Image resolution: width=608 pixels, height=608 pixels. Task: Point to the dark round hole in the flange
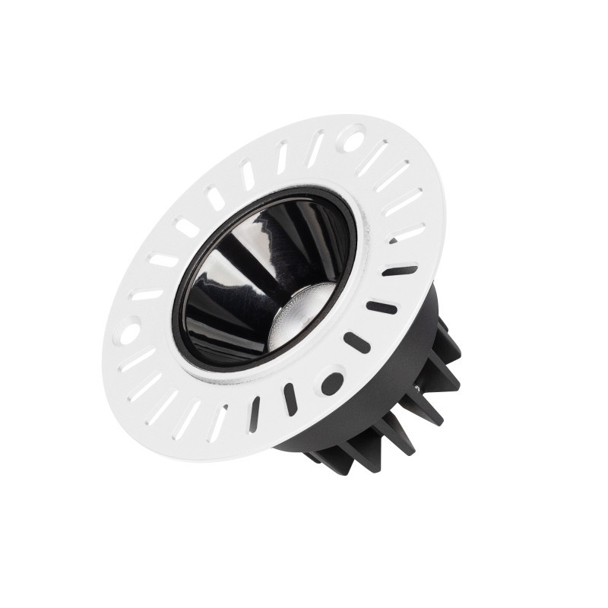(x=332, y=382)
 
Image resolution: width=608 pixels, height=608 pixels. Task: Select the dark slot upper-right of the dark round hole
(x=356, y=342)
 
